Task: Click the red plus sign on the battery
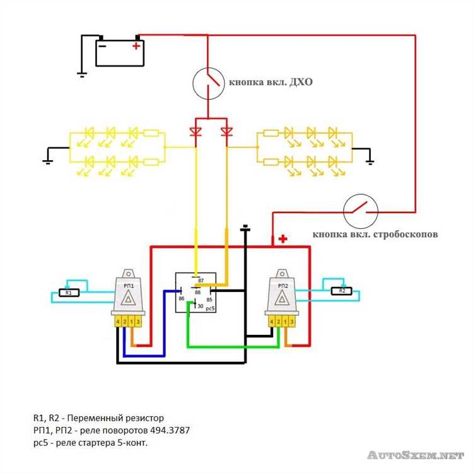[136, 46]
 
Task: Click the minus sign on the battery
[102, 46]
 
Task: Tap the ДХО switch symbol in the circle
[209, 83]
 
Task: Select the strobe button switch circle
[361, 211]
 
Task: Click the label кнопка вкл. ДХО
[271, 82]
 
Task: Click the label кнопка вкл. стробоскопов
[375, 235]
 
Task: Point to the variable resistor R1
[69, 293]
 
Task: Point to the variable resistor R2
[342, 291]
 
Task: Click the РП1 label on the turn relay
[129, 286]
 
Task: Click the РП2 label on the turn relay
[283, 286]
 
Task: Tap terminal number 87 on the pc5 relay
[201, 281]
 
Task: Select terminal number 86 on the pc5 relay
[181, 299]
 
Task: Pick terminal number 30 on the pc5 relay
[201, 306]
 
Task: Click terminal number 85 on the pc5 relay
[209, 300]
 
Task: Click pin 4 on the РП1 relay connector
[118, 322]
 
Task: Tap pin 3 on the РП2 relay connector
[292, 322]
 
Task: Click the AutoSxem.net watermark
[416, 455]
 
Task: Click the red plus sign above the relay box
[283, 239]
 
